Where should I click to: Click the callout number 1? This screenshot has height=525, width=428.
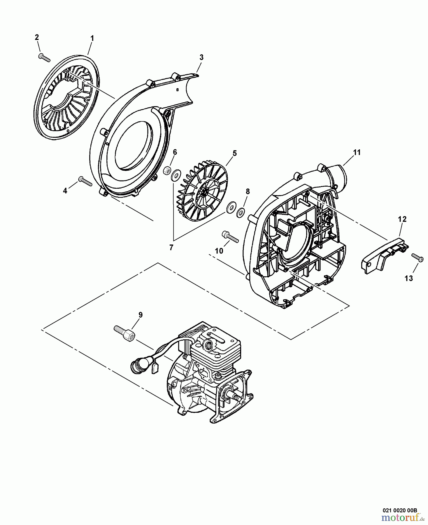tap(92, 38)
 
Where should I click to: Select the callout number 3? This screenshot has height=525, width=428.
tap(201, 57)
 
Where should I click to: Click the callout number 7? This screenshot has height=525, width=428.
tap(171, 248)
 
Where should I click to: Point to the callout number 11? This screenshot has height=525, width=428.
tap(357, 152)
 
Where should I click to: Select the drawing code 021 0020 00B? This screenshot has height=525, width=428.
tap(400, 510)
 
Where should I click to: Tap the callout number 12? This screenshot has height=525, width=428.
tap(402, 219)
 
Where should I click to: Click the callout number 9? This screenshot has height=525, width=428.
tap(141, 315)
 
